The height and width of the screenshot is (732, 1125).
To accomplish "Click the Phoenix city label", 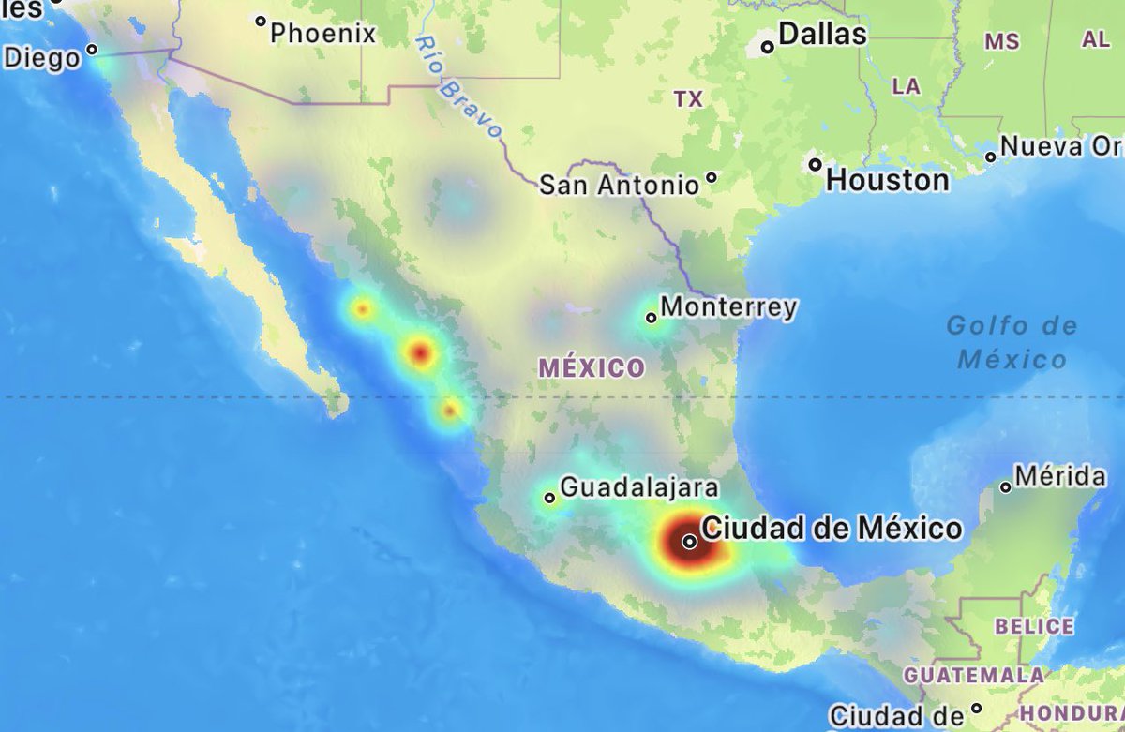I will coord(322,34).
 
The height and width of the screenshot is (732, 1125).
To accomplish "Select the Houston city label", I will coord(888,180).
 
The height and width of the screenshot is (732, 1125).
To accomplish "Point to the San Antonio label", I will coord(619,186).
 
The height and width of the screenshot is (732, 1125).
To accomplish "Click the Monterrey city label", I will coord(728,306).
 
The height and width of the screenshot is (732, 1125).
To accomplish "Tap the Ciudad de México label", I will coord(832,529).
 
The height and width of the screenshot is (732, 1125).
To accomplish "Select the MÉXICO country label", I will coord(592,368).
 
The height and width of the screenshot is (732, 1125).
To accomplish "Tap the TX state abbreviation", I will coord(688,99).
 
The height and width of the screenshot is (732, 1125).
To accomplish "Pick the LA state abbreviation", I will coord(906,86).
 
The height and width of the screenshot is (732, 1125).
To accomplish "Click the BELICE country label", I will coord(1034,626).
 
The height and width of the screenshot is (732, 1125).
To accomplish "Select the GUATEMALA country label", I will coord(973,675).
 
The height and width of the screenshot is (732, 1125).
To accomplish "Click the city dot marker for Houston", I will coord(816,165).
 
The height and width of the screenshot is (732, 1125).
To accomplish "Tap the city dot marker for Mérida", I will coord(1006,486).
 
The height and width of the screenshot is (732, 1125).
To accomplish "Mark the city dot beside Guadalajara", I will coord(549,498).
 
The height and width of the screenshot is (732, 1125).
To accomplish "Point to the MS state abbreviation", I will coord(1001,41).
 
